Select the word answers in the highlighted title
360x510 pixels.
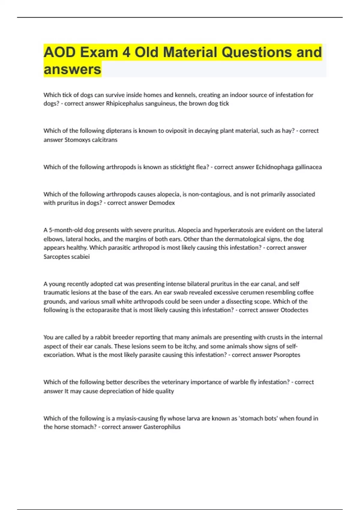point(72,69)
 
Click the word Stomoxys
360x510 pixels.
point(76,140)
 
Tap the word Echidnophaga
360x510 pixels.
point(274,167)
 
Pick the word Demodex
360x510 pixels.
point(162,203)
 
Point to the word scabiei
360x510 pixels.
point(80,257)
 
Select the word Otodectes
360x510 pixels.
point(294,310)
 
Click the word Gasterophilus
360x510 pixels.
point(162,427)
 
